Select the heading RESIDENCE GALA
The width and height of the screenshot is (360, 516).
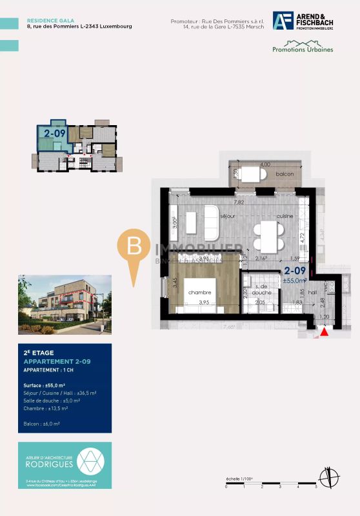46,21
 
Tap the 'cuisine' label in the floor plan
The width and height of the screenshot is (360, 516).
286,215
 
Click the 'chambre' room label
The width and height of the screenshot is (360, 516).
200,292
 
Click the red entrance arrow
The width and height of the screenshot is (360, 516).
325,332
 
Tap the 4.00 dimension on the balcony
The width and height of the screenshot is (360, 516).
265,164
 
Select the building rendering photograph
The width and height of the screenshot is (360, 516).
65,302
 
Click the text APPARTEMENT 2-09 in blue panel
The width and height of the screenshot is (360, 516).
57,362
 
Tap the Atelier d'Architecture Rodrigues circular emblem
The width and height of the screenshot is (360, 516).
88,461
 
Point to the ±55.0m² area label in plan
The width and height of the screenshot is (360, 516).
294,281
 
